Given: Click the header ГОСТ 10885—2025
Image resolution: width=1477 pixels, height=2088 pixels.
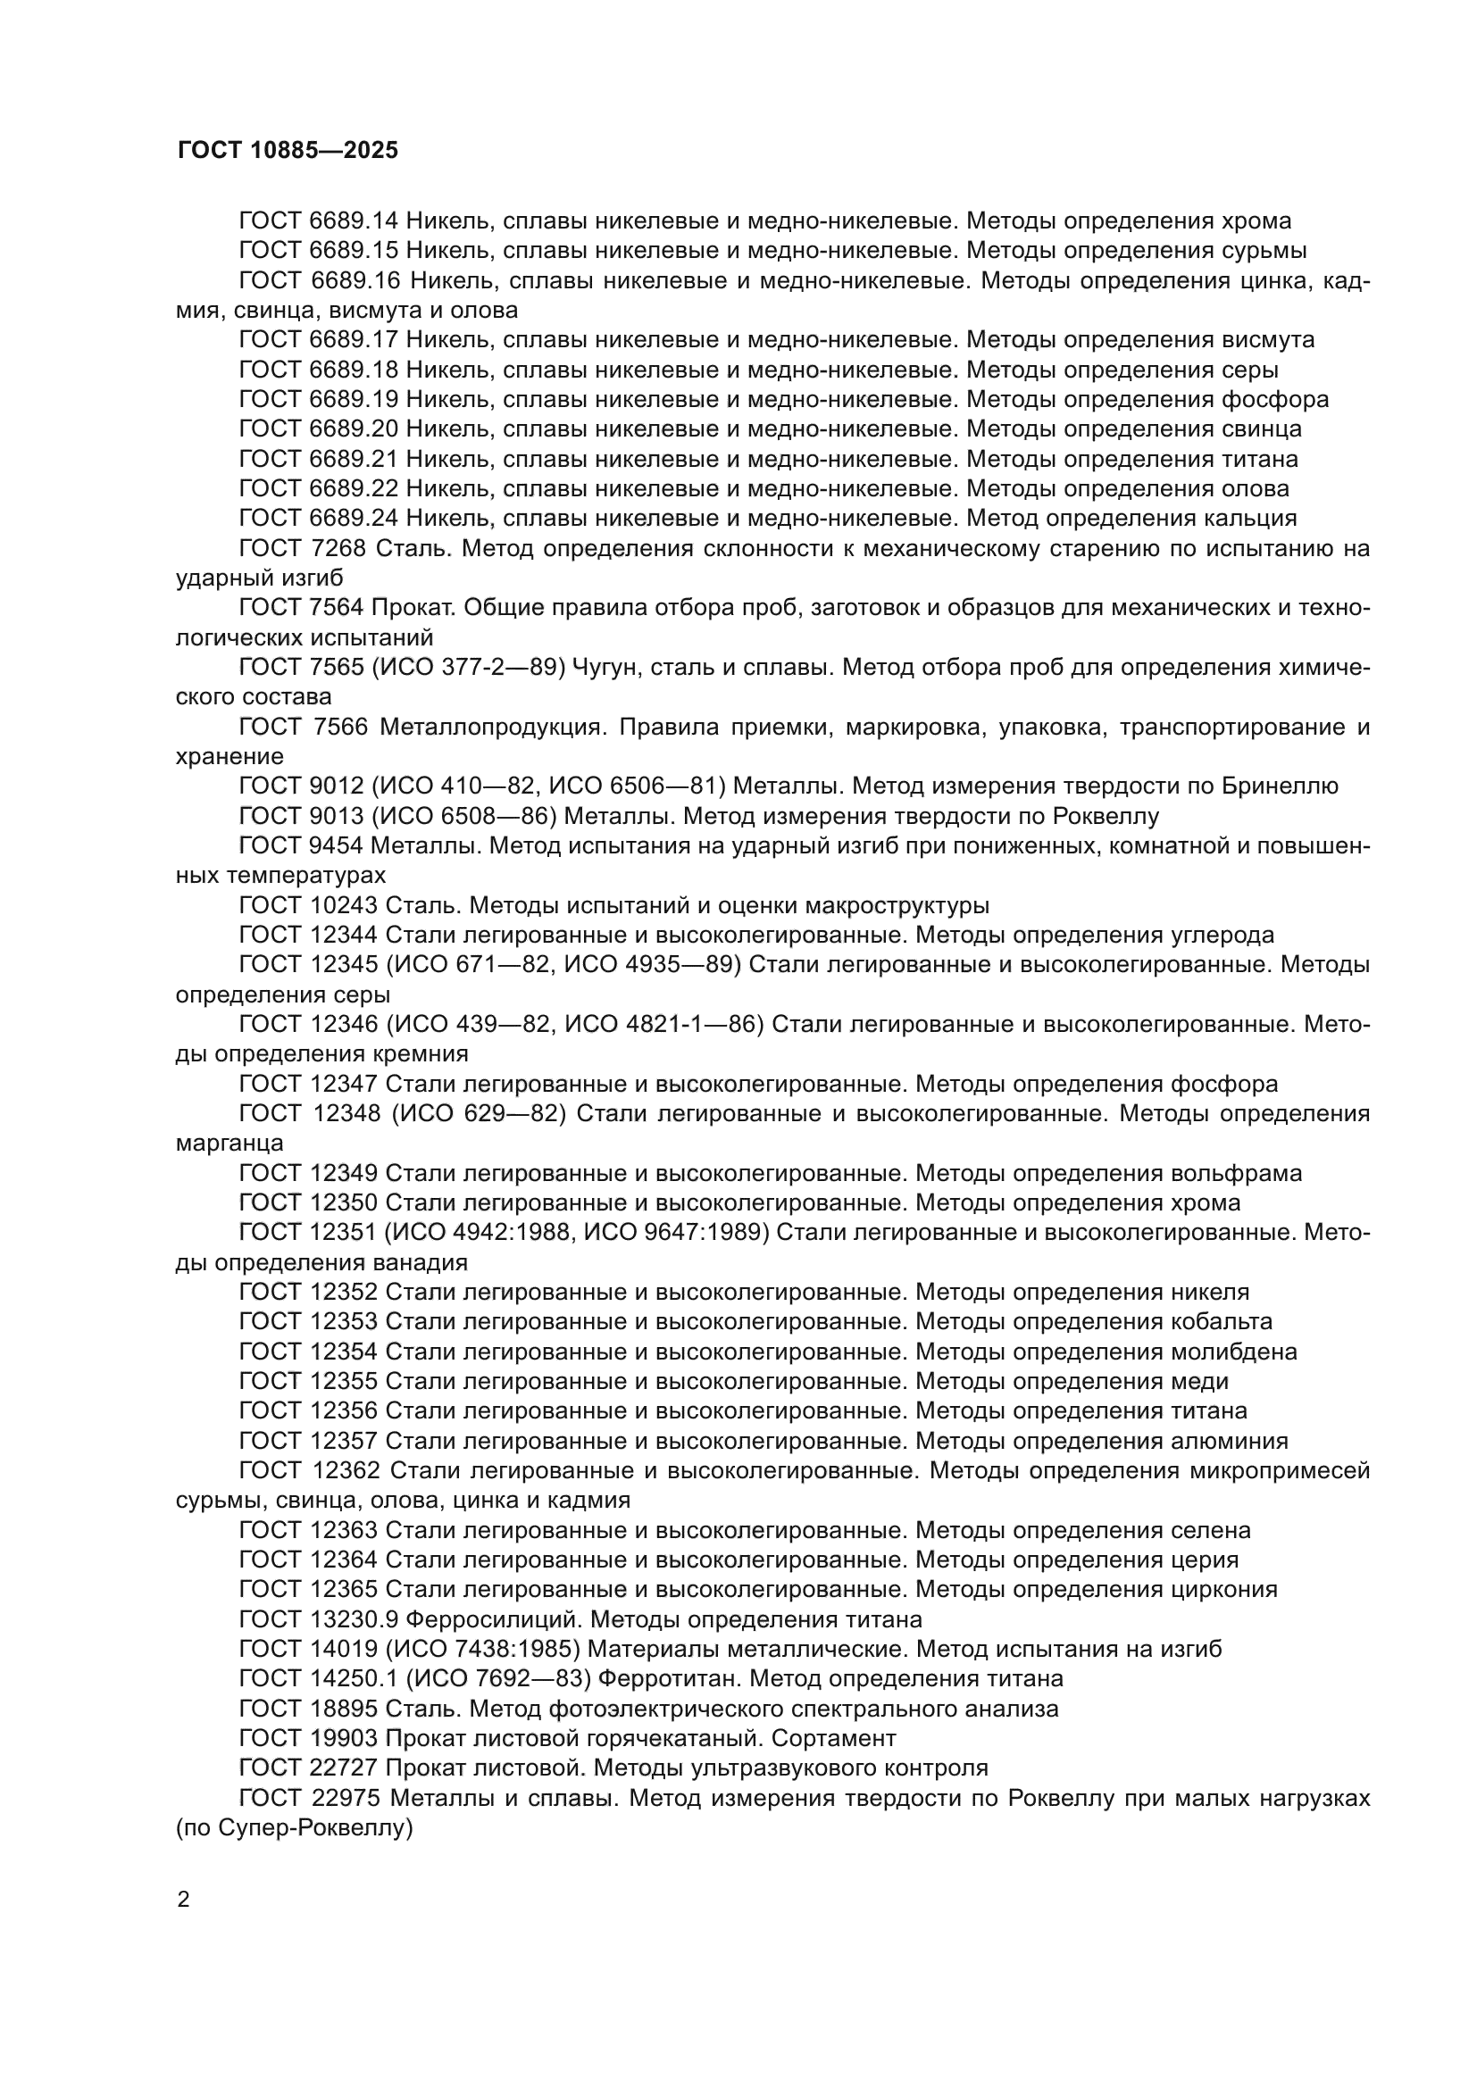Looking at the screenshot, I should (288, 151).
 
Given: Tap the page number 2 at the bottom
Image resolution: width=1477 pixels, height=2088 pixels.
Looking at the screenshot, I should (183, 1900).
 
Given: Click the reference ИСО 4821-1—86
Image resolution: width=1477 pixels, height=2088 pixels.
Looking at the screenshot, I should (662, 1025).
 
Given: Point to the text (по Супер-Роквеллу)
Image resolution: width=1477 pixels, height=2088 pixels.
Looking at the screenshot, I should (295, 1828).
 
